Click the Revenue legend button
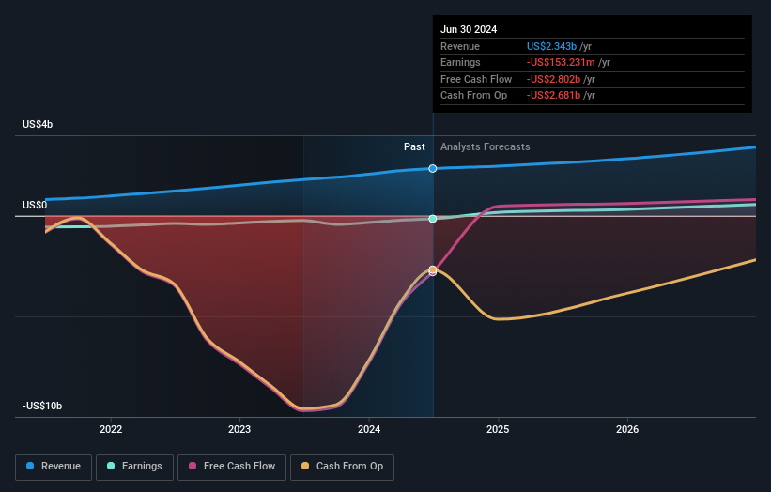[54, 466]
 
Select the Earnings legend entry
[134, 466]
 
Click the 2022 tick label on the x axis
[111, 430]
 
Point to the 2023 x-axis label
[239, 430]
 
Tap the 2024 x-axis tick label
[369, 430]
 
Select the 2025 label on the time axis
[498, 430]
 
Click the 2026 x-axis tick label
[627, 430]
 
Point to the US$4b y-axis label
[39, 124]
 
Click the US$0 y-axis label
[36, 205]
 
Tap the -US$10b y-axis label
[42, 406]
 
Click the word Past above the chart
[414, 146]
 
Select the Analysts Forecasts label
[485, 146]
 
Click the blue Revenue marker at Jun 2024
[433, 169]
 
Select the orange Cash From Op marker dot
[433, 270]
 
